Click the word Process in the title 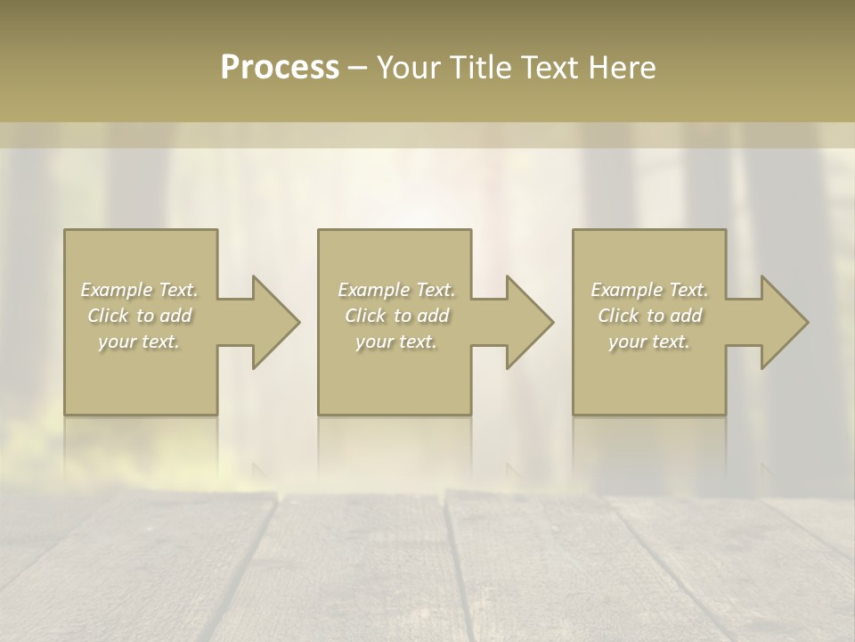(280, 68)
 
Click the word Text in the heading (548, 68)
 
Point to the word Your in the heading (411, 68)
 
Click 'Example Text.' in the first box (140, 290)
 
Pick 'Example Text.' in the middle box (396, 290)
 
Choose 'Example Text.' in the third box (649, 290)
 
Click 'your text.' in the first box (140, 342)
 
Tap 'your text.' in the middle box (396, 342)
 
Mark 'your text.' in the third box (649, 342)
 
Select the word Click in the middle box (365, 316)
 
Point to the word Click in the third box (618, 316)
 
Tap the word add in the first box (175, 316)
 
